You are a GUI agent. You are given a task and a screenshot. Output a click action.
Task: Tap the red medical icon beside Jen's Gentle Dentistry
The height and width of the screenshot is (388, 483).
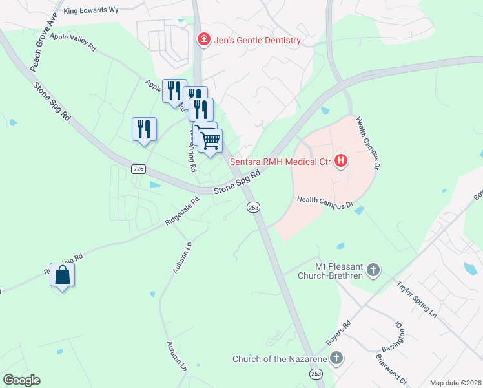click(x=204, y=40)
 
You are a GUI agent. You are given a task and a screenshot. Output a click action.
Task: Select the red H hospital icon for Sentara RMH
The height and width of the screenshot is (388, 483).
click(x=341, y=161)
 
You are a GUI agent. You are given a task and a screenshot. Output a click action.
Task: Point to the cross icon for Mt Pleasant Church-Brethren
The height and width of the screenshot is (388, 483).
click(x=373, y=270)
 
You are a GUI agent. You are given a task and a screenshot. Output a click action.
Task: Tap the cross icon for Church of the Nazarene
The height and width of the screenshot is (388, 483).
click(x=336, y=358)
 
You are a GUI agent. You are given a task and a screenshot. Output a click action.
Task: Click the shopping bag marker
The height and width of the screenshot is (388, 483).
click(x=62, y=275)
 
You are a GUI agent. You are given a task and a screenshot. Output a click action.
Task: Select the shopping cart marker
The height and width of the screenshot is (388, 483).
click(x=211, y=140)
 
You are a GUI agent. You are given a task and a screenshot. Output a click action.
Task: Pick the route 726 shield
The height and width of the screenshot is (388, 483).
click(x=138, y=169)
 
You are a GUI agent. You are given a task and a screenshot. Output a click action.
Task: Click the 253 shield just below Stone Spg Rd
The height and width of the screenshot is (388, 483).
click(x=252, y=207)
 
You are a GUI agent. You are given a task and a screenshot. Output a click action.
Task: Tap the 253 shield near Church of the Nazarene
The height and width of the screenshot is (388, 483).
click(x=316, y=374)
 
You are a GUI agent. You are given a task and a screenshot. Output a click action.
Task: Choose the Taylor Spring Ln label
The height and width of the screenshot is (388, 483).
click(x=417, y=297)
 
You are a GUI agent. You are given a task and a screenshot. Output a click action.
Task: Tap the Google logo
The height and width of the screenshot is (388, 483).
click(x=21, y=380)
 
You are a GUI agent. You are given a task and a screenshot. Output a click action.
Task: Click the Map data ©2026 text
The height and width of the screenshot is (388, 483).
click(x=455, y=383)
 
